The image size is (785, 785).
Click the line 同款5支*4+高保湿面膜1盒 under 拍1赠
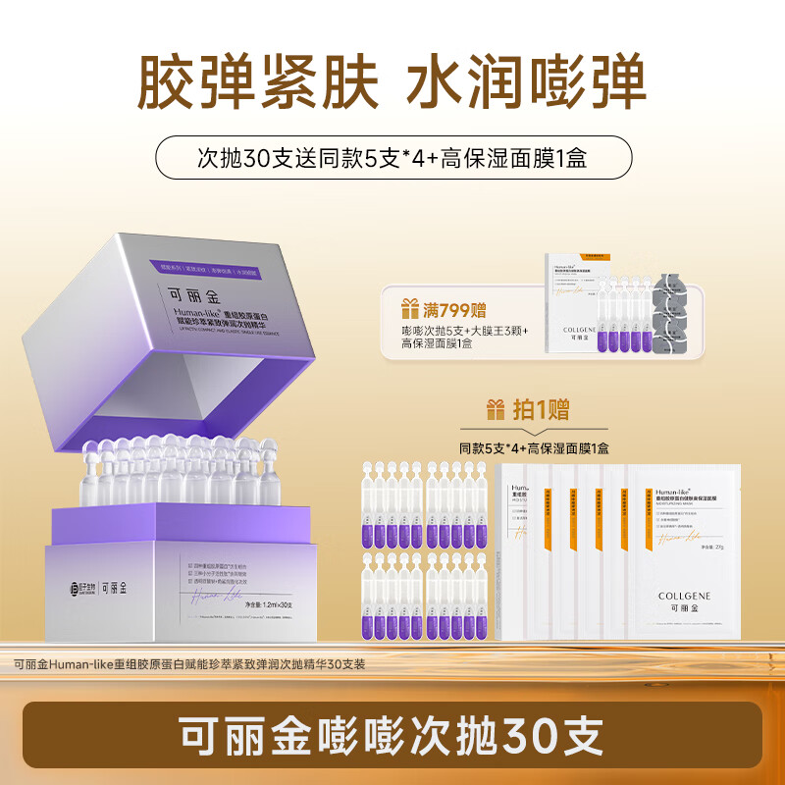coord(535,447)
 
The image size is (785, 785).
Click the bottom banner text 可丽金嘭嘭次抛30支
coord(392,733)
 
